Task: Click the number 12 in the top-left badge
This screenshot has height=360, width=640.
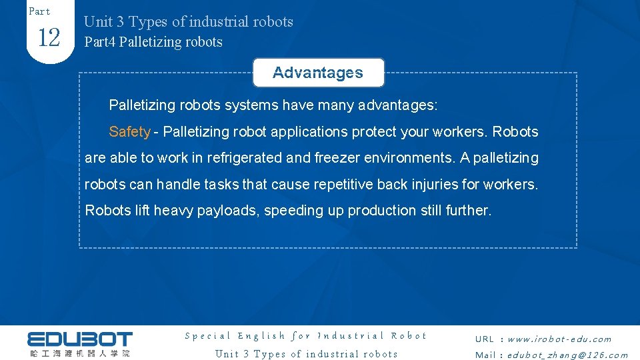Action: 49,38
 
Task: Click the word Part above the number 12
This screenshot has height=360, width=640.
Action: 39,11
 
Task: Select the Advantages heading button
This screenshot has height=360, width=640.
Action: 318,73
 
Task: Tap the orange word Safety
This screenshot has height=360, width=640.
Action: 129,132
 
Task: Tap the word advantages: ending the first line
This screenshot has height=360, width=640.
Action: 397,105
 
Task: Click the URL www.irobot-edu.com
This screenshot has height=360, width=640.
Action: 559,339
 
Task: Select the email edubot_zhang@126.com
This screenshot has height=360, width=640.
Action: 567,355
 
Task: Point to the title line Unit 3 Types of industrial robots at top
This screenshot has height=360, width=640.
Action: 188,22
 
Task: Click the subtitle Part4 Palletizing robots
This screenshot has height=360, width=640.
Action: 153,42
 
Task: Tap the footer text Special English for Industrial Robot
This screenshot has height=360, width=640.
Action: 305,336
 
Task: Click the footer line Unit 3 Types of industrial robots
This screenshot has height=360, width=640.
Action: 306,354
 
